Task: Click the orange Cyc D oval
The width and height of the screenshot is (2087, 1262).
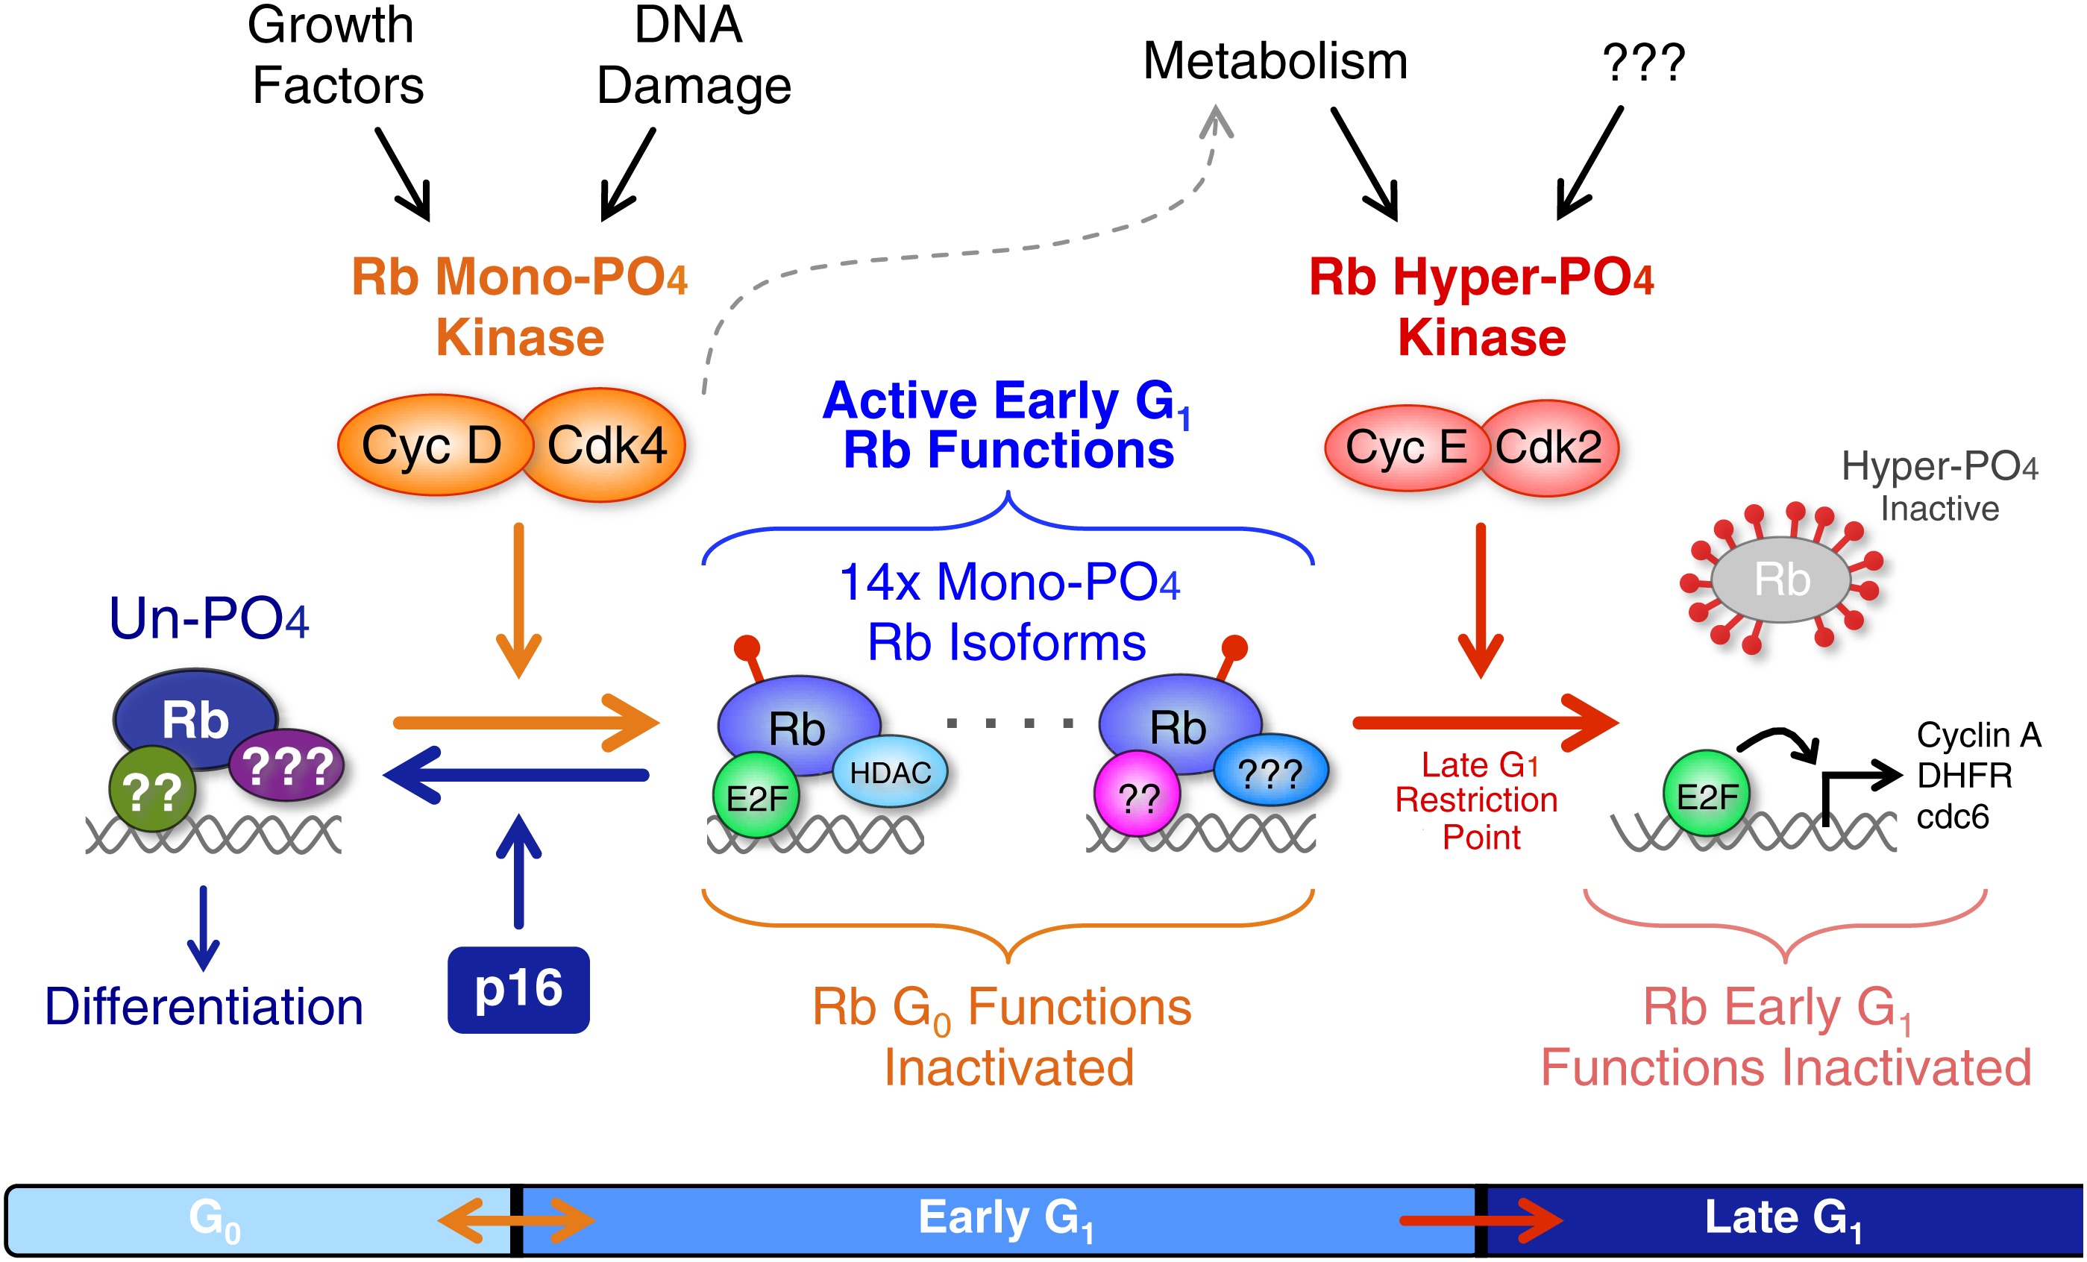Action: [x=432, y=445]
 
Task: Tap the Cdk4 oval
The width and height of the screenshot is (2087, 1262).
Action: [x=606, y=445]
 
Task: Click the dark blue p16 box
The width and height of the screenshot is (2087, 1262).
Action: [x=518, y=989]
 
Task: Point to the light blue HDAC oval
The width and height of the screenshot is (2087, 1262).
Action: [x=890, y=773]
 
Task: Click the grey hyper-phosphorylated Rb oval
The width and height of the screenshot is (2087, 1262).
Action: [x=1781, y=580]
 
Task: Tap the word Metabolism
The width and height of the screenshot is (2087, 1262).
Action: [x=1275, y=61]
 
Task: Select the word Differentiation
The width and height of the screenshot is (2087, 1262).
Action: [x=204, y=1007]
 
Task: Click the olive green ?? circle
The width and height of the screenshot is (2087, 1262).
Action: [x=152, y=790]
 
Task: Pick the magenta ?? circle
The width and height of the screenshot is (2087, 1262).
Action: [x=1137, y=796]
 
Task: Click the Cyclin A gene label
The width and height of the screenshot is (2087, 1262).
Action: [x=1979, y=735]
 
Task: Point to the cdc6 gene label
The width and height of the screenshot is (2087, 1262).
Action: [x=1952, y=817]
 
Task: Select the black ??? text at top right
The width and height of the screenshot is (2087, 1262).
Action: [x=1643, y=63]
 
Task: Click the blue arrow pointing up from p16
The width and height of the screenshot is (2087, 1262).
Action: [x=518, y=873]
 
